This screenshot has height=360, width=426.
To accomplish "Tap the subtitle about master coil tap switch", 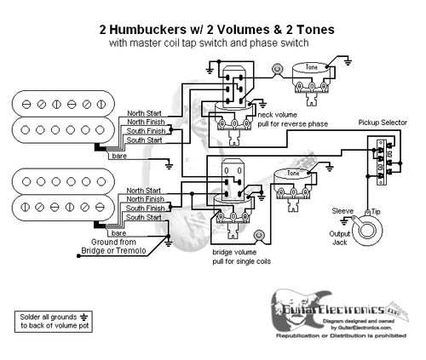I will (x=212, y=43).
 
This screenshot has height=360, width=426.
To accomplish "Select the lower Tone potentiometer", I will (x=294, y=181).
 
